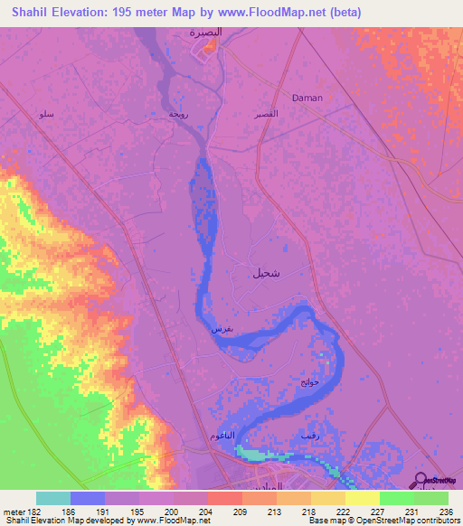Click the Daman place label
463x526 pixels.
pyautogui.click(x=307, y=98)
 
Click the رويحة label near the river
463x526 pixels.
pyautogui.click(x=178, y=116)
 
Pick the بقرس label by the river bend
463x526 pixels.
pyautogui.click(x=222, y=330)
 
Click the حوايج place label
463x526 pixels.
pyautogui.click(x=309, y=382)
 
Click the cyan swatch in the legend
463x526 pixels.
pyautogui.click(x=53, y=498)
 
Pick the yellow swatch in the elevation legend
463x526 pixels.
pyautogui.click(x=363, y=498)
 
